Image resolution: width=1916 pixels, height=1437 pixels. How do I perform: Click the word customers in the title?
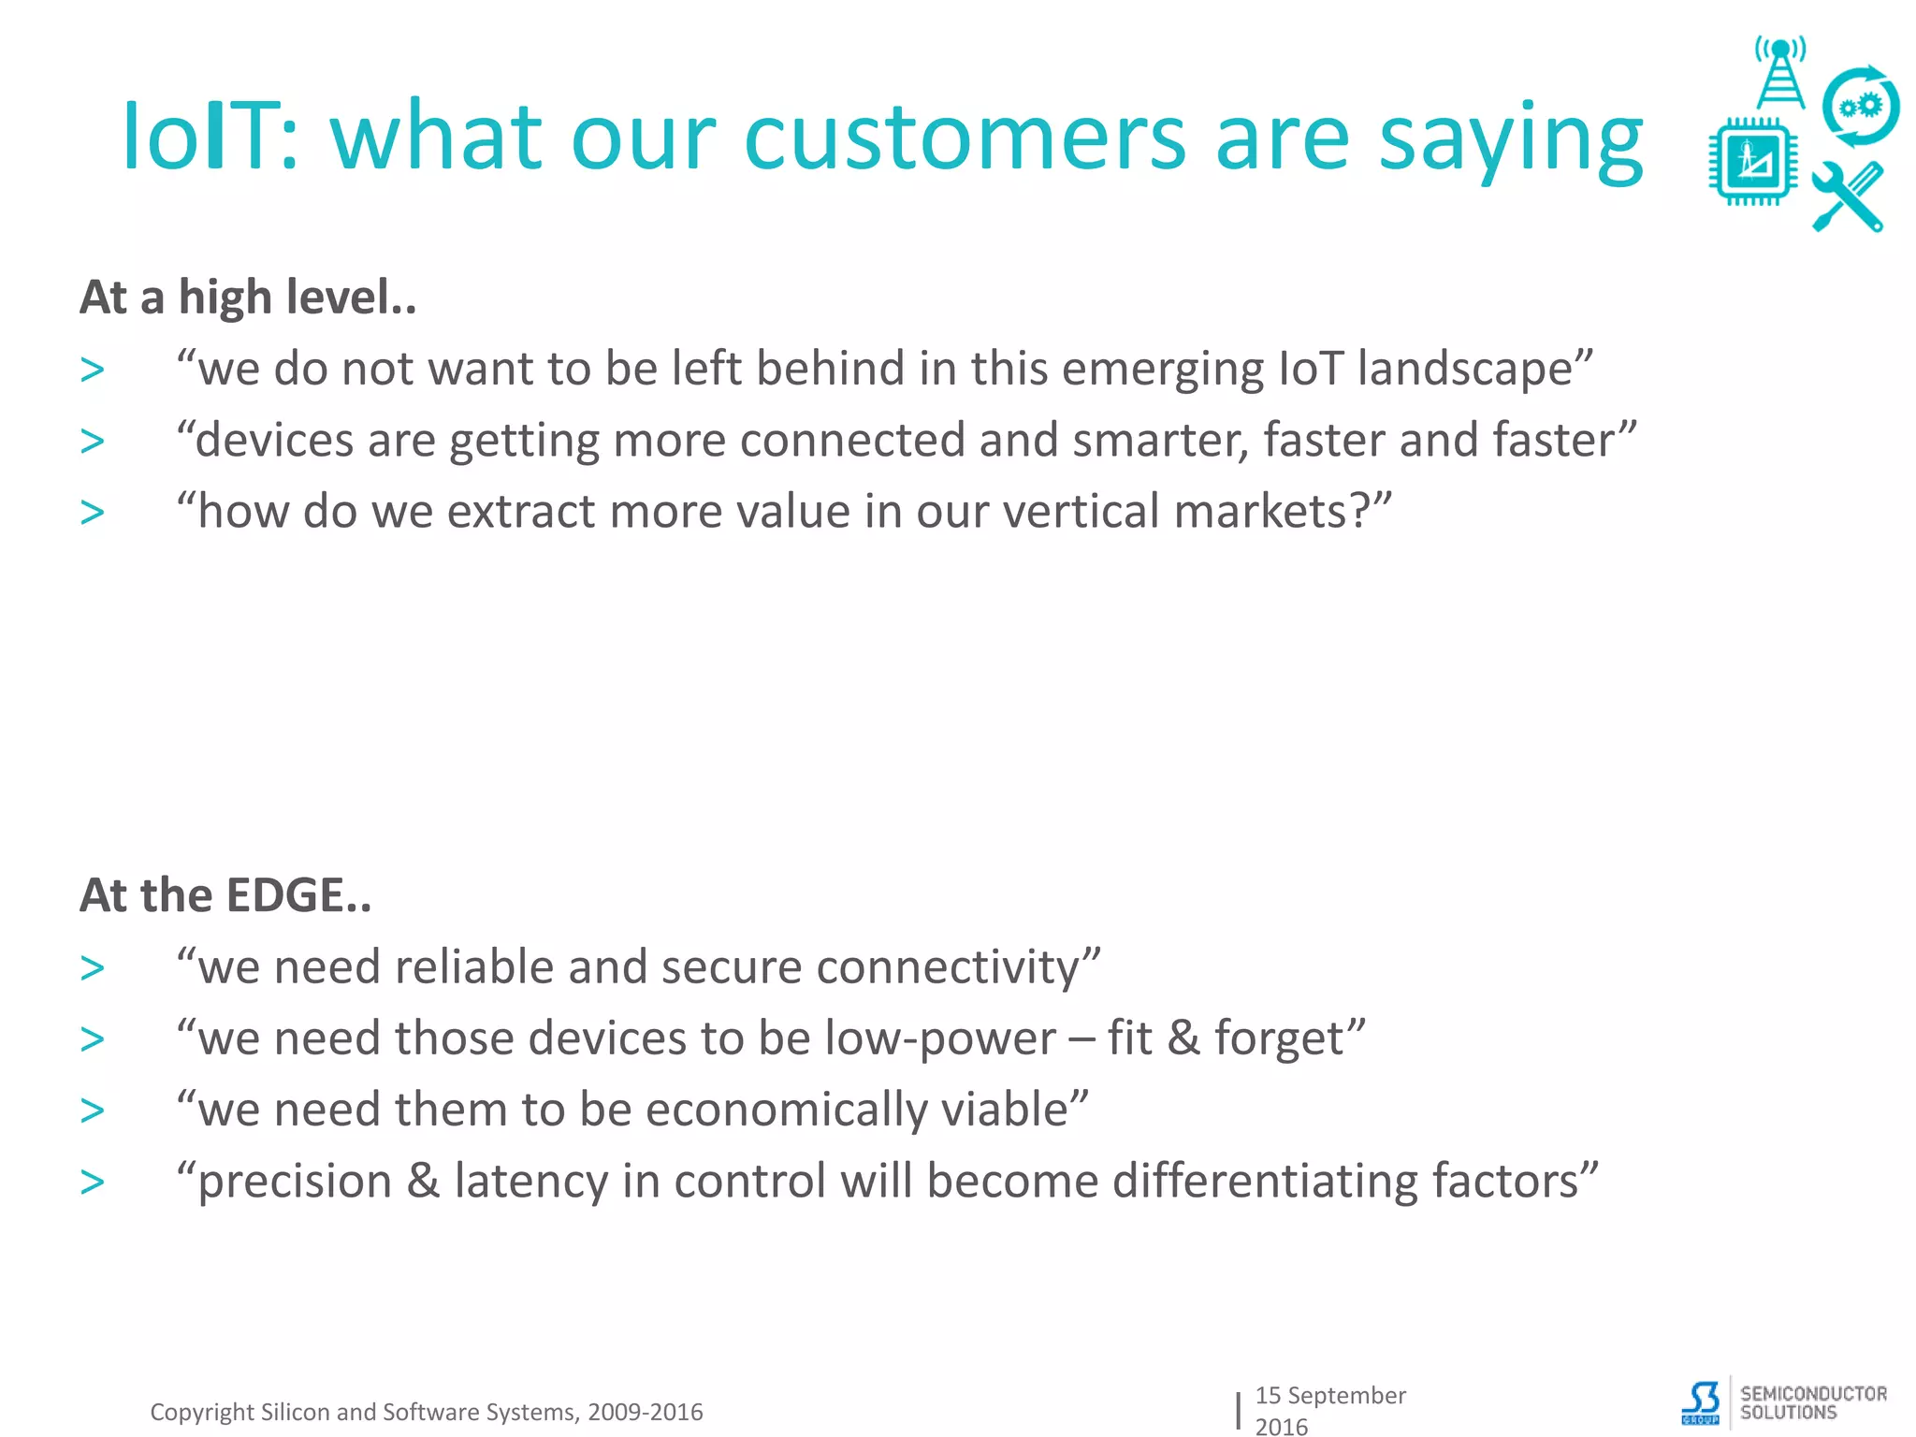click(965, 138)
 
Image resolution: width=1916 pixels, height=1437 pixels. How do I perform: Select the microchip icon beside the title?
click(1752, 162)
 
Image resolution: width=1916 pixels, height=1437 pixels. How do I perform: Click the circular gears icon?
click(1860, 107)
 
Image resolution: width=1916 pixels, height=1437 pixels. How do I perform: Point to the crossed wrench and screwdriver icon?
click(1848, 196)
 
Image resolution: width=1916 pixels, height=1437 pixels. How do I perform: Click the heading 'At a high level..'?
click(248, 298)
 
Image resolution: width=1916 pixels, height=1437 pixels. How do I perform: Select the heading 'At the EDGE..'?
click(225, 895)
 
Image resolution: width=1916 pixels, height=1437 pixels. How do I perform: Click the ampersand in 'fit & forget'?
click(1183, 1038)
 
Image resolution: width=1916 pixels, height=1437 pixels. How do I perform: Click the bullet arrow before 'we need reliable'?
click(93, 968)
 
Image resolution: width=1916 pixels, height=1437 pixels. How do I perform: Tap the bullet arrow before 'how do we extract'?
click(93, 513)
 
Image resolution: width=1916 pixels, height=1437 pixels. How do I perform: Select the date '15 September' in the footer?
click(1329, 1395)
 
